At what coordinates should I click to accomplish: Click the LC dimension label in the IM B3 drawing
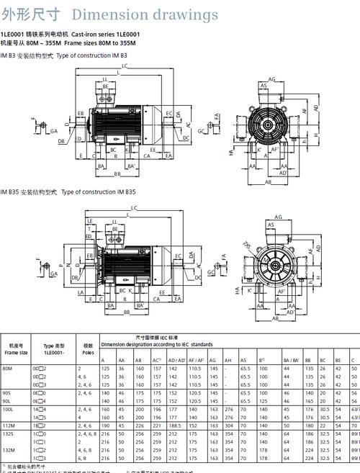coord(125,66)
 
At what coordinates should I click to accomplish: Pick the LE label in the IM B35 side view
coord(89,220)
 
